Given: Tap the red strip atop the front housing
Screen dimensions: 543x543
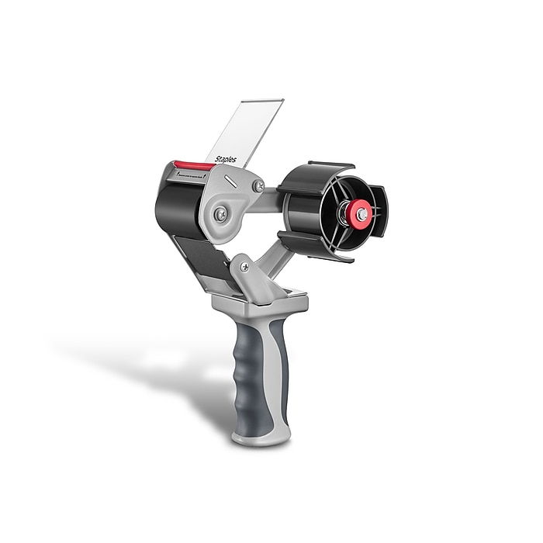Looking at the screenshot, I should pos(193,165).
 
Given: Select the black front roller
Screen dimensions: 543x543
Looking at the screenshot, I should pos(178,206).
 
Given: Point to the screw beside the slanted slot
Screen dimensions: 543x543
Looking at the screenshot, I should pos(258,186).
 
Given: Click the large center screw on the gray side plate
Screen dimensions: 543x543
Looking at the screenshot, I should pos(221,215).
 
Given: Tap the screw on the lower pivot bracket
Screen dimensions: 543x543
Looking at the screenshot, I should pos(245,267).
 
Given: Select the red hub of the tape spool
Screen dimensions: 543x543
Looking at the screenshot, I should pos(360,213).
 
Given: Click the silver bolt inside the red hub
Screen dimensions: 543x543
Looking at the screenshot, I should pos(361,213).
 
